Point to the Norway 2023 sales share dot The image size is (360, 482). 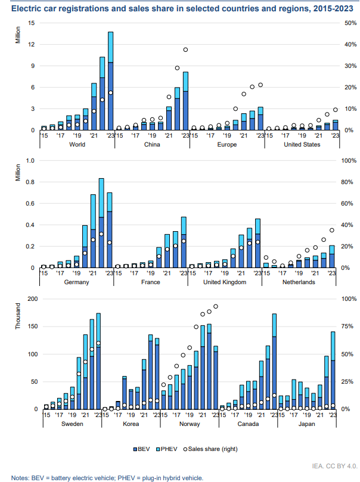coord(216,306)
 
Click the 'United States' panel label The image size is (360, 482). coord(301,144)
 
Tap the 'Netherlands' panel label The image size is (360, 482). coord(300,282)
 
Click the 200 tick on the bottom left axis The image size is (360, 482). coord(30,299)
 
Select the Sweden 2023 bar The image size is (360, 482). coord(98,361)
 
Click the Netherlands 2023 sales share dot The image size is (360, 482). coord(332,230)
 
